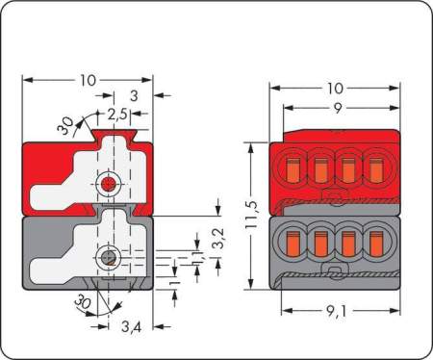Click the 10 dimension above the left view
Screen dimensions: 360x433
89,81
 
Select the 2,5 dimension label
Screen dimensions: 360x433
117,114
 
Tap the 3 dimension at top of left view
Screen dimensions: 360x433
133,96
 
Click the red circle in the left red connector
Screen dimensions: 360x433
108,182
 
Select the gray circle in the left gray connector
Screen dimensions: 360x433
109,257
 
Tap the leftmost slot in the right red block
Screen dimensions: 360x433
294,170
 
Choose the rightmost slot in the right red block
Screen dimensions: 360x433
376,170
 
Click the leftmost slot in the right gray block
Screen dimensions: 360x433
294,243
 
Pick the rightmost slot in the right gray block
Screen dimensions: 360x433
376,243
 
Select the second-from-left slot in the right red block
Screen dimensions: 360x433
321,170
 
